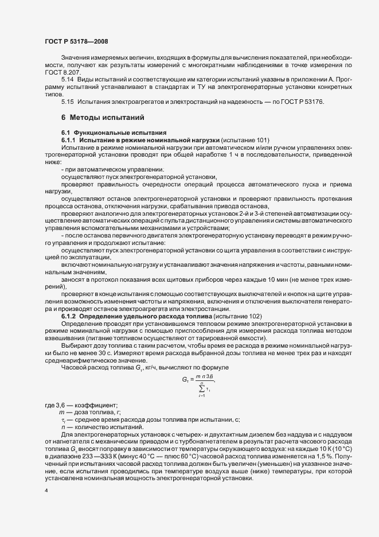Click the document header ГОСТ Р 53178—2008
click(x=76, y=42)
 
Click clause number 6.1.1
click(x=69, y=140)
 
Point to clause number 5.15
click(x=67, y=102)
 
